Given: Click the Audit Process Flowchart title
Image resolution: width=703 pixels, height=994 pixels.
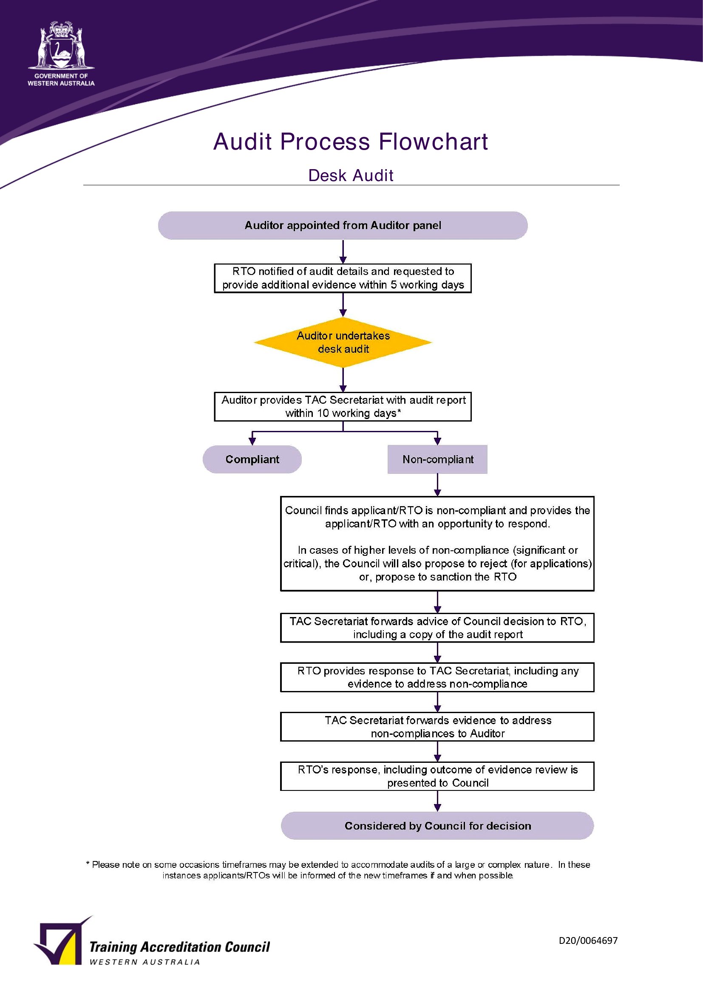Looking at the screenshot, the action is point(351,142).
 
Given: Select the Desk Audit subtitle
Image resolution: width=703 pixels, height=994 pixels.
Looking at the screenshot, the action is point(351,176).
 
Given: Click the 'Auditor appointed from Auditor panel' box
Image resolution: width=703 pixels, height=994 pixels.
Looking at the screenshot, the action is point(343,225).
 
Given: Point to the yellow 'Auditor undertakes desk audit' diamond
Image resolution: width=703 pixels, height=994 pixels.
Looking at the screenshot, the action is point(343,342).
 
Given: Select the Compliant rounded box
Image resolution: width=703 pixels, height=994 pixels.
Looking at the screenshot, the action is point(252,459).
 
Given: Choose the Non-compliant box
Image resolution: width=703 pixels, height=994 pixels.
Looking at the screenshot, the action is point(437,459).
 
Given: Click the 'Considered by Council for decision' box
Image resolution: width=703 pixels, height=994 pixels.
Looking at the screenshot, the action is point(437,826).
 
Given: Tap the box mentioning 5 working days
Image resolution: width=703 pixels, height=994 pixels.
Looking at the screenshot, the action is point(343,278).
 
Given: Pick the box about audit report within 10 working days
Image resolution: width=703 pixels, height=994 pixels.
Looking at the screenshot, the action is point(343,407).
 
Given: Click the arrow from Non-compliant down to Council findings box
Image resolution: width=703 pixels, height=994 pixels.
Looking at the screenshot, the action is point(437,485).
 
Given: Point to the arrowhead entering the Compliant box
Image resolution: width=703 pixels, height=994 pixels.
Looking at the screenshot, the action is point(252,441).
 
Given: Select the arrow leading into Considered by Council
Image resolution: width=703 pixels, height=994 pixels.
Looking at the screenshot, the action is point(437,801).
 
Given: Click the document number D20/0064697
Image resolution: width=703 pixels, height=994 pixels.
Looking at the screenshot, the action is point(588,940).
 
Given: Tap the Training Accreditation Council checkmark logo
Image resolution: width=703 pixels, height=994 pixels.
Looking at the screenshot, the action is point(63,940).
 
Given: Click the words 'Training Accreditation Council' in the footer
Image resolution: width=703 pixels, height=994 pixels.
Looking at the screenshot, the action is point(179,947).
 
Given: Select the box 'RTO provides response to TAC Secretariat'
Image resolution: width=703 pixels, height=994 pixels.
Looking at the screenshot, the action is point(437,677).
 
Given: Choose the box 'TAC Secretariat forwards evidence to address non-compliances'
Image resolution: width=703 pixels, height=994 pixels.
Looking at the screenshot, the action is point(437,726).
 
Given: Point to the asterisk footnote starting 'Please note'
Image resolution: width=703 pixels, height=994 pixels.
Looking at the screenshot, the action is point(338,870).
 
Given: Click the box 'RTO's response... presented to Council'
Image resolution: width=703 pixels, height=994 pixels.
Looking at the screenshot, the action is point(437,776).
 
